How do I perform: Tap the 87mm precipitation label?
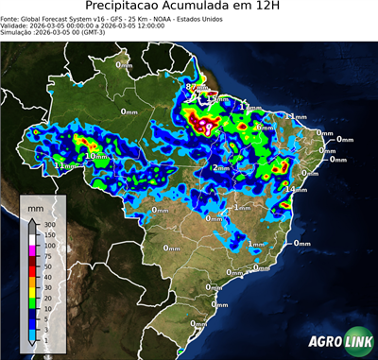195,87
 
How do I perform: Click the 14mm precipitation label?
294,190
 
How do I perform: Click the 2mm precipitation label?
220,168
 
